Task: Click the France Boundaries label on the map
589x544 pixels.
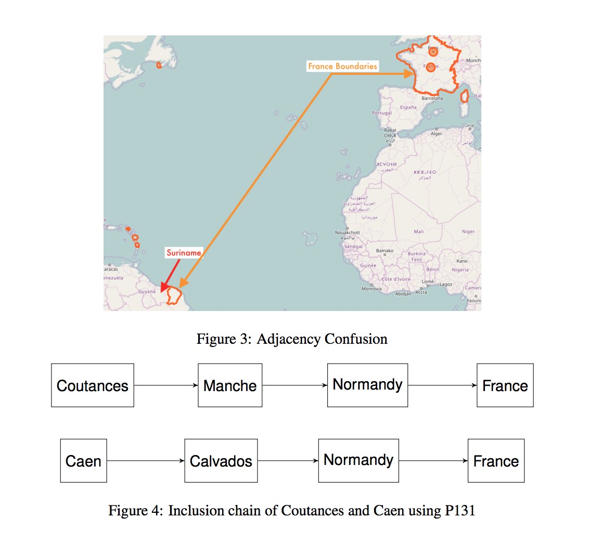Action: pyautogui.click(x=342, y=67)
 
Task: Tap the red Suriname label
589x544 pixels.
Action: pyautogui.click(x=183, y=253)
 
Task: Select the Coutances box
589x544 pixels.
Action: pyautogui.click(x=93, y=385)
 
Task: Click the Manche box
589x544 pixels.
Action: pyautogui.click(x=230, y=385)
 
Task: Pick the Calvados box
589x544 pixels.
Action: pyautogui.click(x=221, y=461)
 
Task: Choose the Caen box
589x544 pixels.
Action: pyautogui.click(x=83, y=461)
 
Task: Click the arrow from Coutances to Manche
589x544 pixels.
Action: pyautogui.click(x=166, y=385)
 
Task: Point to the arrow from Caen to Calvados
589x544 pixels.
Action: pyautogui.click(x=146, y=461)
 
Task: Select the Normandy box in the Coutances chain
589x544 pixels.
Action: pyautogui.click(x=367, y=385)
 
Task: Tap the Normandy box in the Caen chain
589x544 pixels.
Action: pyautogui.click(x=358, y=460)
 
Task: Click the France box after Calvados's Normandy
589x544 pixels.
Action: pyautogui.click(x=496, y=461)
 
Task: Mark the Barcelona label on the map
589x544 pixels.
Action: pyautogui.click(x=432, y=98)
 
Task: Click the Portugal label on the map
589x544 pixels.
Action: pyautogui.click(x=382, y=113)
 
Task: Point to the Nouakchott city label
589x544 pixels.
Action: pyautogui.click(x=348, y=232)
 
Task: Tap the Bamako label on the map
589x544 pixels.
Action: pyautogui.click(x=386, y=251)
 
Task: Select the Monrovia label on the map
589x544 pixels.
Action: pyautogui.click(x=372, y=289)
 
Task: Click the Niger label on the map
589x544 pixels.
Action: pyautogui.click(x=468, y=231)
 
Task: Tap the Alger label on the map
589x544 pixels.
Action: pyautogui.click(x=436, y=134)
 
